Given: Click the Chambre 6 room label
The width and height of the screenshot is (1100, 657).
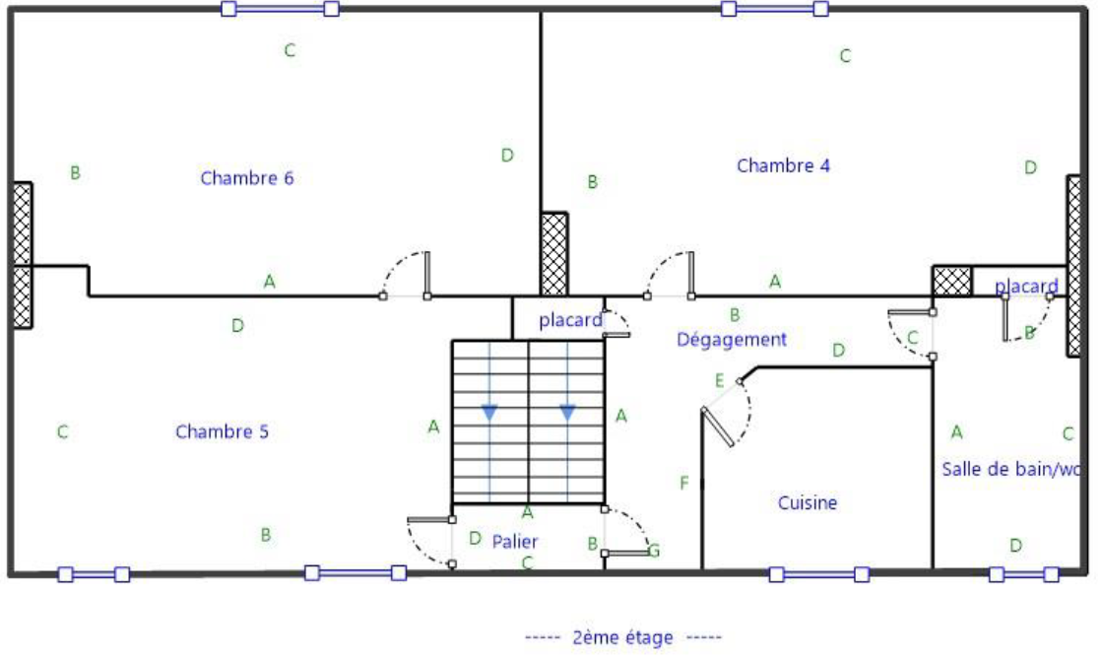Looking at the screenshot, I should coord(247,178).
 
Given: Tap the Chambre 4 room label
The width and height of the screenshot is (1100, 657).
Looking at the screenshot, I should coord(783,165).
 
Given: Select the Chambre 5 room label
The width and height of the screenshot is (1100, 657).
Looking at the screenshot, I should coord(222,431).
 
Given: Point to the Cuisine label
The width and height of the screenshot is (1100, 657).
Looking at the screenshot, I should coord(808,503).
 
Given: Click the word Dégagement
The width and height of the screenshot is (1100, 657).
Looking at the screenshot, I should coord(732,340).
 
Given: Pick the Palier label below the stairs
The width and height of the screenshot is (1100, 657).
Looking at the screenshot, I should coord(515,541).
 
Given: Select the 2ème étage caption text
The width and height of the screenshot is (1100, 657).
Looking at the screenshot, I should coord(622,637).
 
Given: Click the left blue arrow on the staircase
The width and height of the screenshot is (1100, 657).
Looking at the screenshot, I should coord(489,413).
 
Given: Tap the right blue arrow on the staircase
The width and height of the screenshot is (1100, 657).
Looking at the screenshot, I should coord(567,413).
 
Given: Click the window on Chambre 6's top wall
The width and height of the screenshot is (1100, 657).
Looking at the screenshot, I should coord(281,9).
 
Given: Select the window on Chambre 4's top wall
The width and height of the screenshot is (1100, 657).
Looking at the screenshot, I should coord(774,9).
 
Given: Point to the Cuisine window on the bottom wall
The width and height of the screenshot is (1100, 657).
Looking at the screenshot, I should coord(819,574).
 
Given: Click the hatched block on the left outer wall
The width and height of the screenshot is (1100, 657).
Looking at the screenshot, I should coord(22,255).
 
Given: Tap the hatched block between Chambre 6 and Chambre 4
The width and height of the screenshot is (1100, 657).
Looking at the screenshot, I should coord(553,254).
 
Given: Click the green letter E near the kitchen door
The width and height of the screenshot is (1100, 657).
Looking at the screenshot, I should coord(719,381).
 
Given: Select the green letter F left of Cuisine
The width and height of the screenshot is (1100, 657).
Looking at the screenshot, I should coord(683,483).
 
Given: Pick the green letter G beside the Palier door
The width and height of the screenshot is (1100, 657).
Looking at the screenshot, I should coord(653,551).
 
